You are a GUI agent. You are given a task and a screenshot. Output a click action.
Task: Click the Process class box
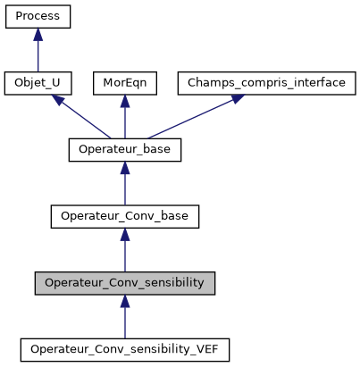(38, 16)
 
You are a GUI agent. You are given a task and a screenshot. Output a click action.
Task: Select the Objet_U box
(38, 83)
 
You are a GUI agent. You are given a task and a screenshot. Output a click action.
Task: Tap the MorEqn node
(125, 83)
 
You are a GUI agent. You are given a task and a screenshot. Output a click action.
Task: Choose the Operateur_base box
(125, 150)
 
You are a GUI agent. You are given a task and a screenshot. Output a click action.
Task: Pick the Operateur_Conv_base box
(125, 217)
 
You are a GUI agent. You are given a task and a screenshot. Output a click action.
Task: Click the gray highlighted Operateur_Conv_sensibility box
(125, 283)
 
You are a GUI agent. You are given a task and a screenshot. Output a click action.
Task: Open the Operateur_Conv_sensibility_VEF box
(125, 350)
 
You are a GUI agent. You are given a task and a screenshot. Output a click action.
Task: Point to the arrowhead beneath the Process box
(38, 34)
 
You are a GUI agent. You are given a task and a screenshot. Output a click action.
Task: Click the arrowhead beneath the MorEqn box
(125, 101)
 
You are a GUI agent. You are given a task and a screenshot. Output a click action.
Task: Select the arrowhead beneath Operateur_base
(125, 168)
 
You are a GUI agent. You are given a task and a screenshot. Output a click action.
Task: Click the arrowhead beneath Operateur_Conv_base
(125, 234)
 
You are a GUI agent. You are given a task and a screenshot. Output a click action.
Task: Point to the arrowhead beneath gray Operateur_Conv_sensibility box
(125, 301)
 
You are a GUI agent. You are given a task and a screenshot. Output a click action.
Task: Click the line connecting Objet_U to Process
(38, 56)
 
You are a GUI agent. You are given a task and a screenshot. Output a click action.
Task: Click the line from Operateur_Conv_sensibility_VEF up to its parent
(125, 323)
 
